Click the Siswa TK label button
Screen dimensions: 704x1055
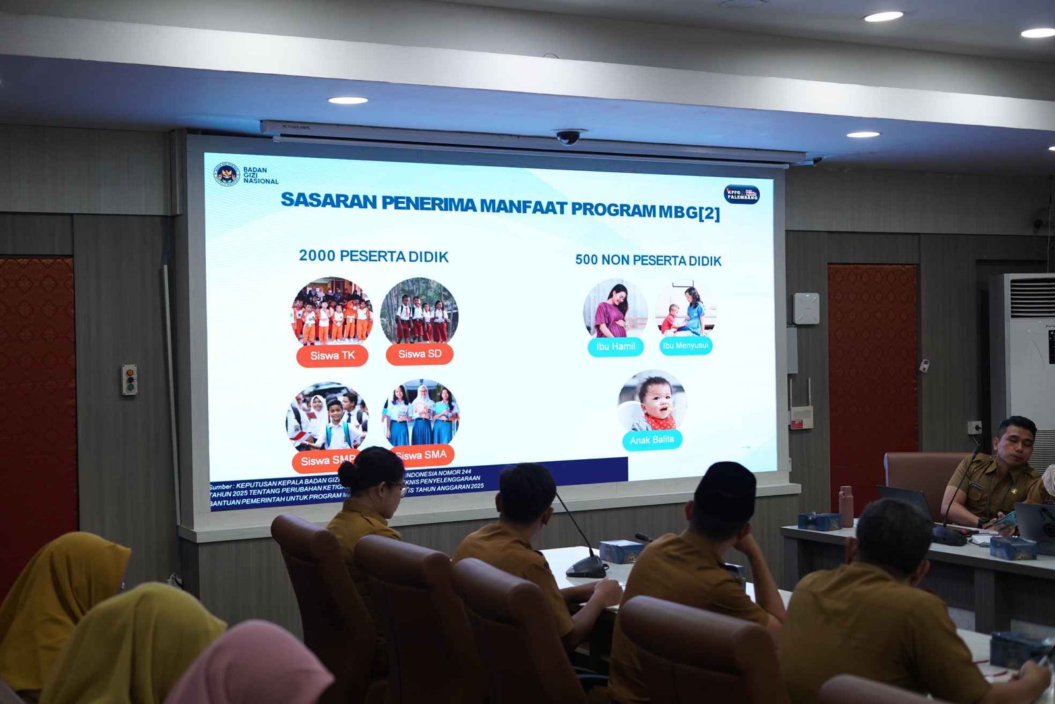coord(332,356)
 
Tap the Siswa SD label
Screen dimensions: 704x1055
coord(419,354)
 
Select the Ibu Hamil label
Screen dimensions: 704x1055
coord(615,346)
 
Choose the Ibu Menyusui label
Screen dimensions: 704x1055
coord(686,346)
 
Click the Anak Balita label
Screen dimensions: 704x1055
coord(652,440)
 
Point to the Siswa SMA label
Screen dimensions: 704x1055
coord(423,455)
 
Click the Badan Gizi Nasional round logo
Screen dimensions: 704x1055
coord(226,174)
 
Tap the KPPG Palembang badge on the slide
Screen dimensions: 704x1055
coord(742,194)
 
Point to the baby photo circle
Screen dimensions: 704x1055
coord(652,401)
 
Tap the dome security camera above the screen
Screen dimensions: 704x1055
coord(568,137)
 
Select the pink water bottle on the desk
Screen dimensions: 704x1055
coord(846,506)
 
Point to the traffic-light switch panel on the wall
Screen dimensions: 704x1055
coord(129,380)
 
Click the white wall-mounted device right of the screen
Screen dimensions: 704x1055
coord(806,309)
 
